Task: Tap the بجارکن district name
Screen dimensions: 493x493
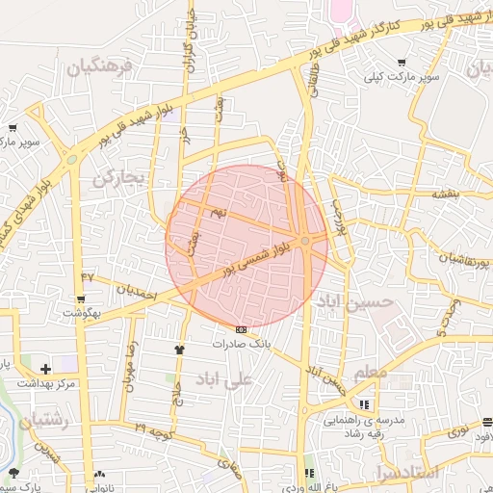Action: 119,178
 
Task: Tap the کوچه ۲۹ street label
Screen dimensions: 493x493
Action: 154,428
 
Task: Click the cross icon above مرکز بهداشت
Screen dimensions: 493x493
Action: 45,369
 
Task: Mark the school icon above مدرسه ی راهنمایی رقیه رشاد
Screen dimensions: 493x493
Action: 364,404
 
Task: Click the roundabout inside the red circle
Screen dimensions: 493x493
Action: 305,240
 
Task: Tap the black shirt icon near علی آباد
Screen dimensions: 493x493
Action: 179,350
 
